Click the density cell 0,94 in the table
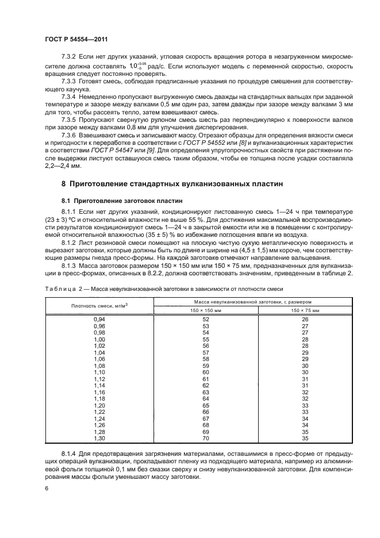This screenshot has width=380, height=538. [99, 318]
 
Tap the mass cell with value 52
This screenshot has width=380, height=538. [206, 318]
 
